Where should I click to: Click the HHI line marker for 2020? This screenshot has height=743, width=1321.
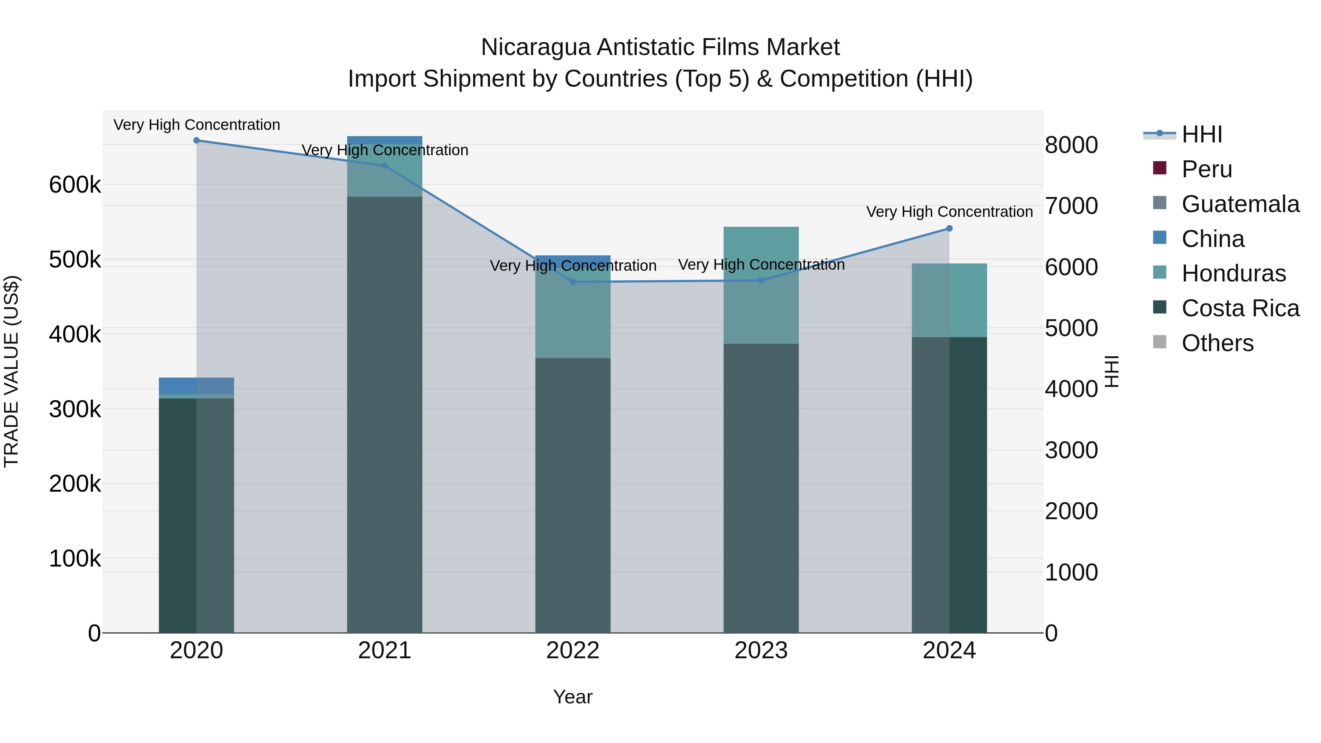pos(196,141)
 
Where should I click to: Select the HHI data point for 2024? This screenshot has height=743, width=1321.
pos(949,229)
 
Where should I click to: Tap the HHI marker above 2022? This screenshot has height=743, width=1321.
pos(573,282)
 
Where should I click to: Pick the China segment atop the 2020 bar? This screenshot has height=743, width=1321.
pos(196,386)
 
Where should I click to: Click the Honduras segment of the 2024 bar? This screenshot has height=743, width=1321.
pos(949,301)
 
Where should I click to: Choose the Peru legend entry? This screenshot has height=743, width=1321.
pos(1206,169)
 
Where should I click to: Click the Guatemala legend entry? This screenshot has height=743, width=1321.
pos(1240,204)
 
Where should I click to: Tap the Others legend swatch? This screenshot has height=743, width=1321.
pos(1160,342)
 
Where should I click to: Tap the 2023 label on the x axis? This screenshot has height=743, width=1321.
pos(761,651)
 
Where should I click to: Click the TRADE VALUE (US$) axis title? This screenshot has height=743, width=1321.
pos(12,371)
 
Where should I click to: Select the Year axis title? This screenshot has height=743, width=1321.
pos(573,697)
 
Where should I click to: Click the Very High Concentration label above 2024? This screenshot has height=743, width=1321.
pos(949,212)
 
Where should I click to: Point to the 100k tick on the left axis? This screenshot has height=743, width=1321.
pos(75,559)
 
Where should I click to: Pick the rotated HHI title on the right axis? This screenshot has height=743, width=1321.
pos(1111,371)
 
